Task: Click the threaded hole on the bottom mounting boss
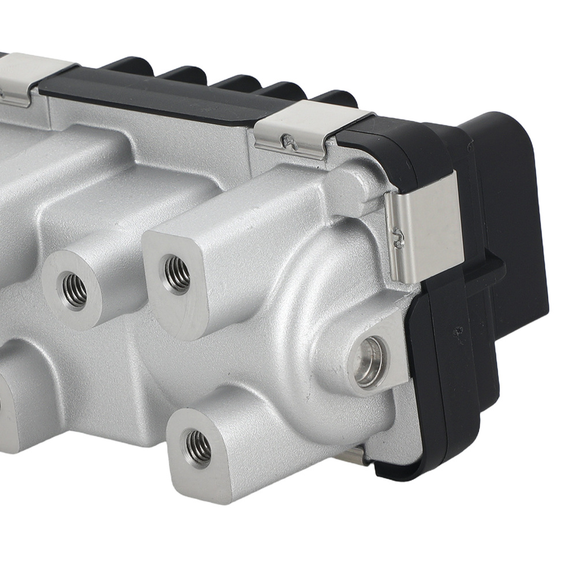(x=198, y=448)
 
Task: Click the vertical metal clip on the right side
(x=424, y=231)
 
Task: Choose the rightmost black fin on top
(x=335, y=98)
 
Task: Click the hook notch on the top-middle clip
(x=287, y=141)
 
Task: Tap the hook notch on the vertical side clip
(x=398, y=237)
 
